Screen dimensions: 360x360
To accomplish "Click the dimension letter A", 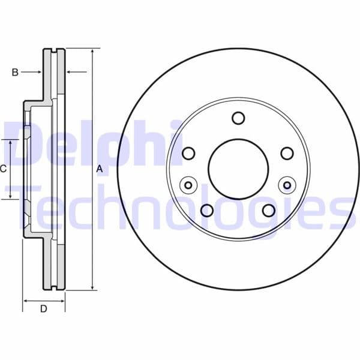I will (x=100, y=170).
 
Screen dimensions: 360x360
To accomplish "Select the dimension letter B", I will (x=15, y=72).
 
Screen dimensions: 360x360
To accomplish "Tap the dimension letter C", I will (x=3, y=169).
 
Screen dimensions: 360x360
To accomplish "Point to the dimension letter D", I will (x=43, y=309).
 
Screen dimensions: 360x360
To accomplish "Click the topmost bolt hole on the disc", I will (x=238, y=118).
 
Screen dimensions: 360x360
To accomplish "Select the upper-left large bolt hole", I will (x=188, y=154).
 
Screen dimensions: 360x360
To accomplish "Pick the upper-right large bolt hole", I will (x=287, y=154).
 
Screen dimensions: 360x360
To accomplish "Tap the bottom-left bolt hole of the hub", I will (x=207, y=211).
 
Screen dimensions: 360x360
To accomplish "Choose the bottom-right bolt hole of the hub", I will (x=269, y=211).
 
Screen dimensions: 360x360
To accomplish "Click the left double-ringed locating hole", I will (x=188, y=185).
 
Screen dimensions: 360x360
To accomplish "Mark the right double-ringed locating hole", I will (x=287, y=185).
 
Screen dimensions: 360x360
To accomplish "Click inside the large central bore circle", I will (x=238, y=169).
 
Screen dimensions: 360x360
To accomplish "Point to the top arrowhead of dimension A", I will (x=92, y=52).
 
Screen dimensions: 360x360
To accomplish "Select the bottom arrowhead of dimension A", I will (x=92, y=287).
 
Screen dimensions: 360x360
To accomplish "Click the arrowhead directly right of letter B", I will (x=40, y=72).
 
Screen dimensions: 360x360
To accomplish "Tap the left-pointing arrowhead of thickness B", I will (x=67, y=72).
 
